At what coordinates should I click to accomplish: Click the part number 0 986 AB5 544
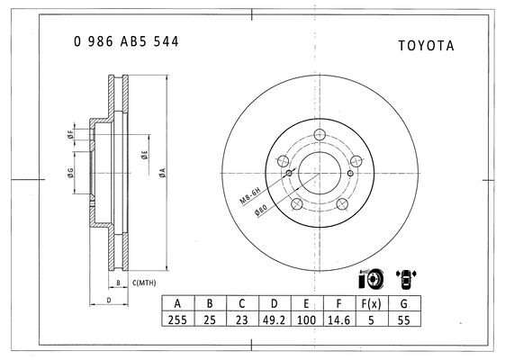pos(126,41)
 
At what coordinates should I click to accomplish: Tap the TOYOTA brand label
pos(426,46)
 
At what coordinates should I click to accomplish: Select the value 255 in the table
pos(177,319)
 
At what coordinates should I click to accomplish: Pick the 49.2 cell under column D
pos(274,319)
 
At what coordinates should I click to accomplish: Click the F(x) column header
pos(372,303)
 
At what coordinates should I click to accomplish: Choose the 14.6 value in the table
pos(338,319)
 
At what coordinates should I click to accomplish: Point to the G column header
pos(403,303)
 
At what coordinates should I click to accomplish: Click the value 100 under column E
pos(306,319)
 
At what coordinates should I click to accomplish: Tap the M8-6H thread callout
pos(250,195)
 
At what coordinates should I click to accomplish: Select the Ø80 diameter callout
pos(260,211)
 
